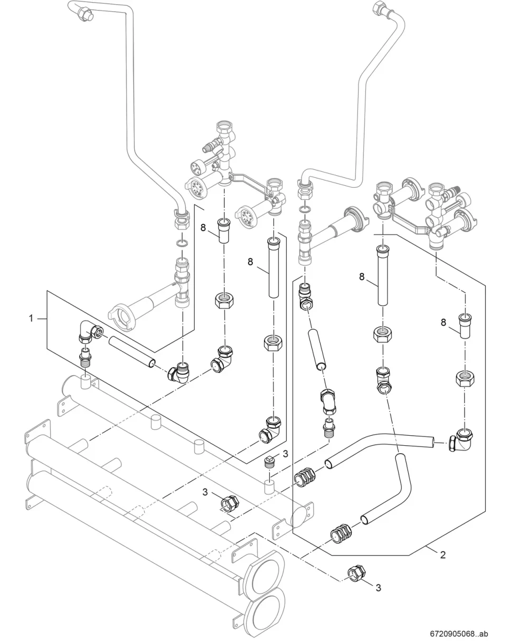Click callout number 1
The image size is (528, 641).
click(31, 318)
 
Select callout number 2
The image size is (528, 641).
click(443, 555)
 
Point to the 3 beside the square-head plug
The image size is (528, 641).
click(285, 454)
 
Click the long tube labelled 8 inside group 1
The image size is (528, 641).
click(274, 267)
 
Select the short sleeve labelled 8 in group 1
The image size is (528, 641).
click(224, 231)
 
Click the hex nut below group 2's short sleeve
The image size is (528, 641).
click(464, 378)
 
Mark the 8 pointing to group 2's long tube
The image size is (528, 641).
click(362, 276)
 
